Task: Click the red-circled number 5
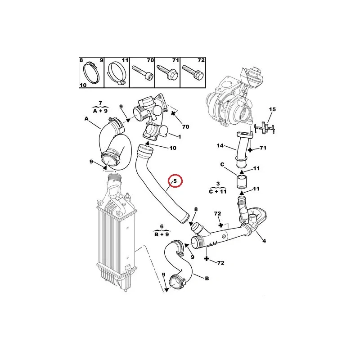click(175, 181)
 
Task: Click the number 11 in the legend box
click(126, 60)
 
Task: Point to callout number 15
click(272, 109)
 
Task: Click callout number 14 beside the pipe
click(220, 145)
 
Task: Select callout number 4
click(264, 241)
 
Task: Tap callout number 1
click(180, 137)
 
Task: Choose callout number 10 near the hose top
click(173, 148)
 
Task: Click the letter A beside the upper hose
click(86, 119)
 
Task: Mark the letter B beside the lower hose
click(207, 279)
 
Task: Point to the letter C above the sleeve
click(222, 165)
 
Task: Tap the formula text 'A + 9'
click(101, 110)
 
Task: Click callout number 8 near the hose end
click(196, 209)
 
